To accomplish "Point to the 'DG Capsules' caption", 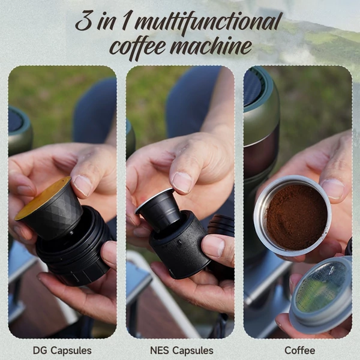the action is (x=62, y=350).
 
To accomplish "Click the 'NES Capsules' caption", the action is (x=182, y=350).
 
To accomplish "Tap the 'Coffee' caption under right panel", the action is (x=299, y=350).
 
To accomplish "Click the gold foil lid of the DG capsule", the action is (x=43, y=198).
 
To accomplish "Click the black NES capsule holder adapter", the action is (x=179, y=245).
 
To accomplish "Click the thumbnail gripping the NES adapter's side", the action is (x=213, y=245).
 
